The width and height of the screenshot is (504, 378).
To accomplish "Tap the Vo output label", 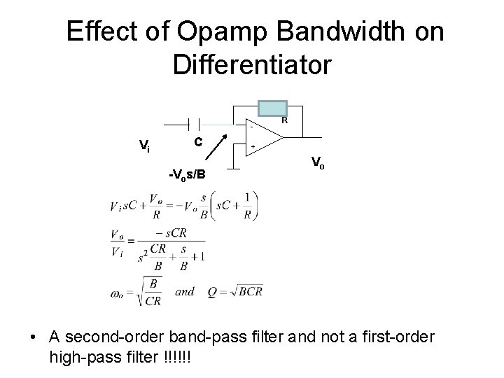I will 317,164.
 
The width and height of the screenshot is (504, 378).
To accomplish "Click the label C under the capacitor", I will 198,142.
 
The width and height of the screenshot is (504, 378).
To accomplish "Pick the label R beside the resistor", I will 284,120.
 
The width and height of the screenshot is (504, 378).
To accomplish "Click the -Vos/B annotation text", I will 187,174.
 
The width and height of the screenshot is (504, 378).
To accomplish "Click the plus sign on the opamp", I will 253,148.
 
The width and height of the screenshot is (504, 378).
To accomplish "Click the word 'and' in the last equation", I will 185,291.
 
